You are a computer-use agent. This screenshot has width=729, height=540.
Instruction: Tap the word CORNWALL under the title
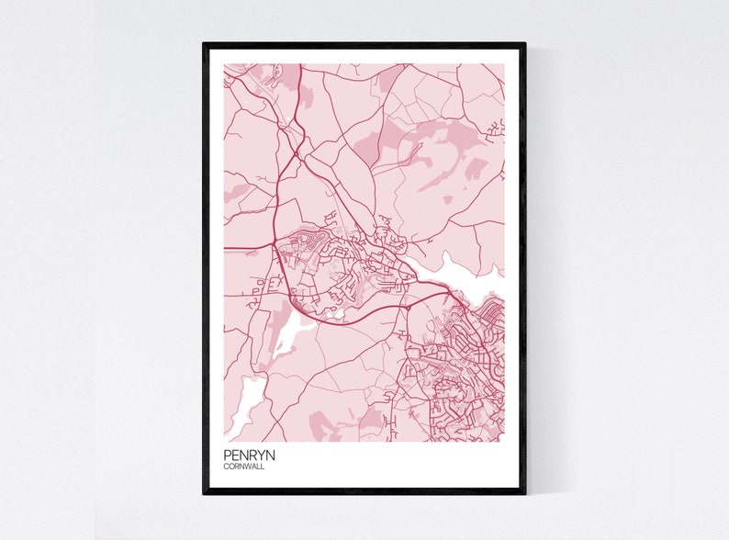point(243,466)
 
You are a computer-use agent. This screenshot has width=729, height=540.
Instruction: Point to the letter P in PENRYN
point(227,454)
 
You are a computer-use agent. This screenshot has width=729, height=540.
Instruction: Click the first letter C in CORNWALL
point(226,466)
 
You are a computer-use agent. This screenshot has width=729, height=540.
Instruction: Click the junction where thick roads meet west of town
point(275,246)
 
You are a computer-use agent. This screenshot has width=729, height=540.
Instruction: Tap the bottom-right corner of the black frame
point(524,492)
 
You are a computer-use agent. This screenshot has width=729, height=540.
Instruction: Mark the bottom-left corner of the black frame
point(205,492)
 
